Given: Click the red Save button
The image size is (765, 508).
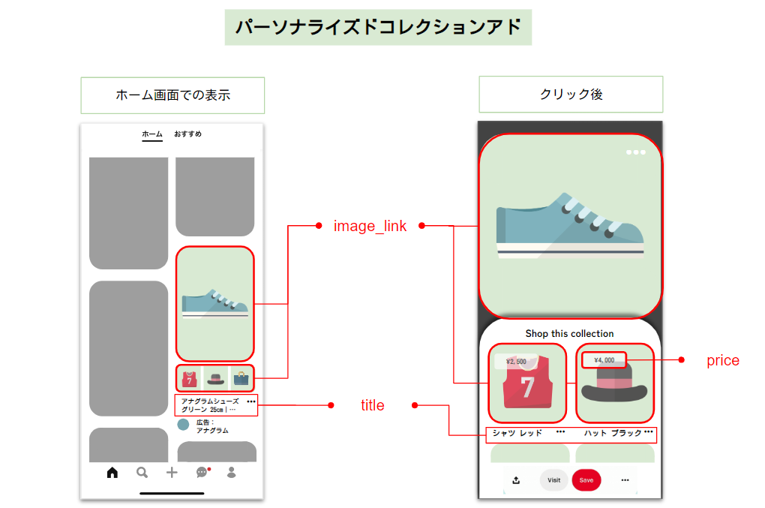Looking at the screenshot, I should coord(586,480).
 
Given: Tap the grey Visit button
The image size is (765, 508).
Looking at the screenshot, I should coord(553,480).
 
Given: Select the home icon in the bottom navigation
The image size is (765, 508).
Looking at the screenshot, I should coord(112,473).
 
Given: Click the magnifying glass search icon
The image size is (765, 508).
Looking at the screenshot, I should coord(142,473).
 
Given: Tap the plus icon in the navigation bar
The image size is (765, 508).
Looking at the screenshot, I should coord(172,473).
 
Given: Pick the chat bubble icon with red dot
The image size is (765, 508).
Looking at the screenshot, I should coord(202,473).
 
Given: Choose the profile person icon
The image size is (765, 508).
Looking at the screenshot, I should coord(232,473).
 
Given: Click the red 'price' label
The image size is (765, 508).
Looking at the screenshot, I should coord(722,361).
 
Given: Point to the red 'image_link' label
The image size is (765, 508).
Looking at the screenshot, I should coord(370,226).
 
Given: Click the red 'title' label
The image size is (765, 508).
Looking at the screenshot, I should coord(372,406).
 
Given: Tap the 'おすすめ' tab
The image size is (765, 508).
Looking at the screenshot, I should coord(187,134).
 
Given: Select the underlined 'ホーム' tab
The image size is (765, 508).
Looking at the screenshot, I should coord(152,134).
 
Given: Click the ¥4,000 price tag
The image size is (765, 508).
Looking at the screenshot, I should coord(604,360).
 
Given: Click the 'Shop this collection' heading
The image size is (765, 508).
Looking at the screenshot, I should coord(569,334).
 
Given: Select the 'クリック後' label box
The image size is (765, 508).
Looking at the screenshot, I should coord(571,95).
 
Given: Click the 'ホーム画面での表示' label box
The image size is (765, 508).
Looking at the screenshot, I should coord(172,95).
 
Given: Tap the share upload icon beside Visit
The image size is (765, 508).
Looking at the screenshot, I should coord(516,480).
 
